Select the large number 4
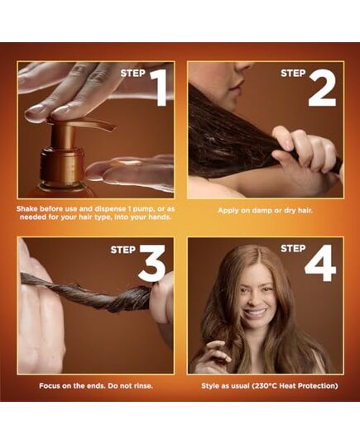pyautogui.click(x=320, y=264)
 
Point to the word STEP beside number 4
pyautogui.click(x=293, y=248)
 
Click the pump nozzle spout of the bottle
pyautogui.click(x=95, y=125)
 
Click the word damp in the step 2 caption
pyautogui.click(x=260, y=210)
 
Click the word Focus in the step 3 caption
pyautogui.click(x=53, y=385)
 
